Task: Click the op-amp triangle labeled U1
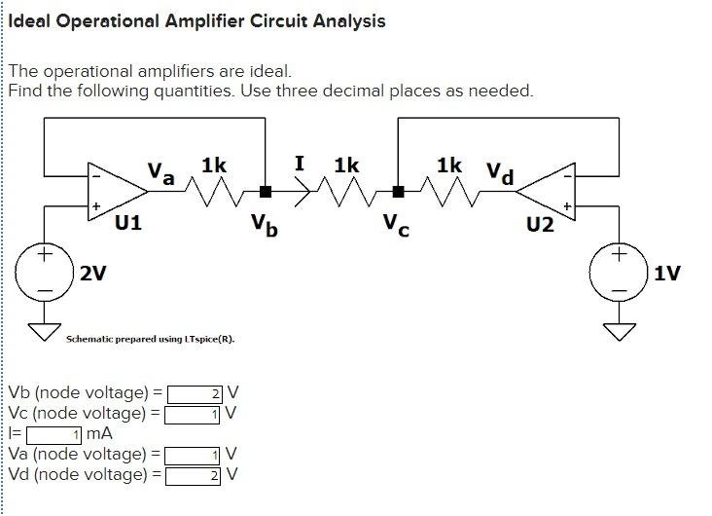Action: click(111, 191)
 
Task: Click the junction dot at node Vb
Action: click(265, 191)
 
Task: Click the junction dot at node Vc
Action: click(397, 191)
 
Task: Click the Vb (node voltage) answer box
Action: click(196, 394)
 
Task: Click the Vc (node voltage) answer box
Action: click(194, 414)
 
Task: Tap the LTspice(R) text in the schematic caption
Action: click(211, 340)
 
